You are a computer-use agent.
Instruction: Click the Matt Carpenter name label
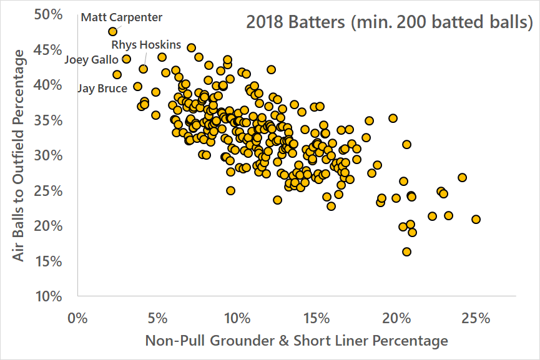tap(121, 17)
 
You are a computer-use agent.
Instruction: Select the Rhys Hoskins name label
tap(146, 45)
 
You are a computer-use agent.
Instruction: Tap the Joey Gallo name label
tap(91, 60)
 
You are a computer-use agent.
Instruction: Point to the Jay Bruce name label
tap(102, 89)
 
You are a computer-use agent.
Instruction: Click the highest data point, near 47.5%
tap(112, 31)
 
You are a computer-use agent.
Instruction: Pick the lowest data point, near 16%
tap(406, 252)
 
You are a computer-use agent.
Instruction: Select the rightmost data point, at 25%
tap(476, 219)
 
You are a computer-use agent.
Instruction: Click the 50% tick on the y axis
tap(49, 14)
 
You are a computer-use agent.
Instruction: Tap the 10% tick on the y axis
tap(49, 296)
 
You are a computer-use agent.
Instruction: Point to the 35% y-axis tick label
tap(49, 120)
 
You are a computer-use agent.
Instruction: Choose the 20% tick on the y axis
tap(49, 225)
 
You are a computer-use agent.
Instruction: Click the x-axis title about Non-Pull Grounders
tap(297, 341)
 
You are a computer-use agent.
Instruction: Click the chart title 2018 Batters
tap(390, 24)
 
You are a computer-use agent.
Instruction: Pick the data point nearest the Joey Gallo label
tap(126, 59)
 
